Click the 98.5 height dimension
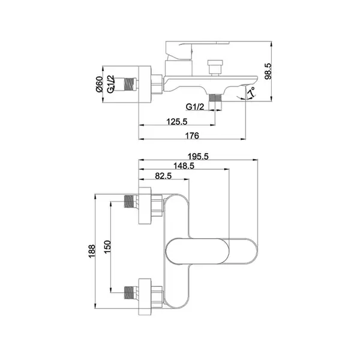(x=268, y=71)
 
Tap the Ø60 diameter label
(x=99, y=84)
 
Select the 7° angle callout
(x=251, y=92)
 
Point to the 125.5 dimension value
(x=177, y=121)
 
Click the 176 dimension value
(x=192, y=136)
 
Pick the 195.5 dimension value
(x=198, y=157)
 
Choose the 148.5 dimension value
(x=184, y=166)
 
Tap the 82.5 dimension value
(x=163, y=176)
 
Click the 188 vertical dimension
(x=92, y=251)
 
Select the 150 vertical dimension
(x=107, y=247)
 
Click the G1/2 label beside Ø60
(x=110, y=84)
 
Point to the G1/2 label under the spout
(x=194, y=107)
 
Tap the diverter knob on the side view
(x=215, y=68)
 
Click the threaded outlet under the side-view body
(x=215, y=98)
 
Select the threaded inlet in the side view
(x=130, y=84)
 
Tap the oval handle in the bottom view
(x=197, y=251)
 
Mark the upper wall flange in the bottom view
(x=145, y=205)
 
